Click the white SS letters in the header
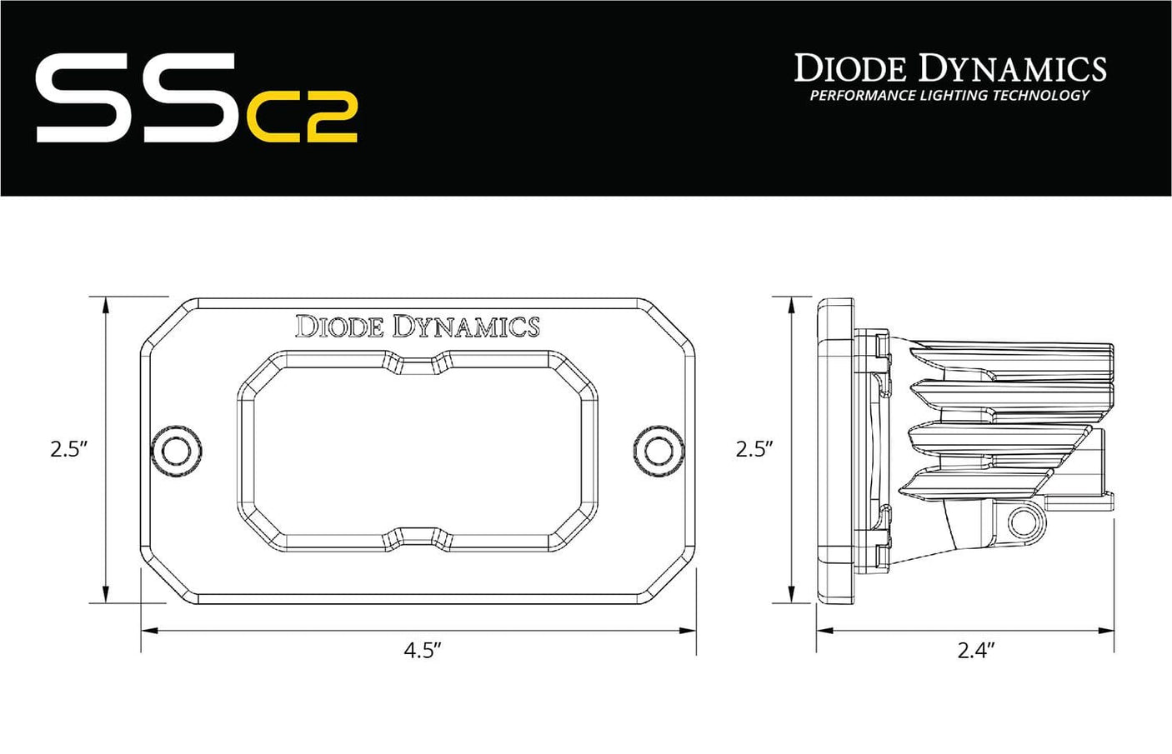(x=133, y=98)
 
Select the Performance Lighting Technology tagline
(x=949, y=96)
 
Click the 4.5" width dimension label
(x=422, y=651)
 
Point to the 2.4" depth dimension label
(x=977, y=651)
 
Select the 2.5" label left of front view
(x=69, y=450)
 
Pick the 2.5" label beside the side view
(x=754, y=450)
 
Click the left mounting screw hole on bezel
(x=177, y=451)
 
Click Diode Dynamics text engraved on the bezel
(x=417, y=327)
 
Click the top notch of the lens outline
(x=417, y=365)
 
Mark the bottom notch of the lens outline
(x=417, y=535)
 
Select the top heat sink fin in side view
(x=1013, y=350)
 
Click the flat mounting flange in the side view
(x=835, y=450)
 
